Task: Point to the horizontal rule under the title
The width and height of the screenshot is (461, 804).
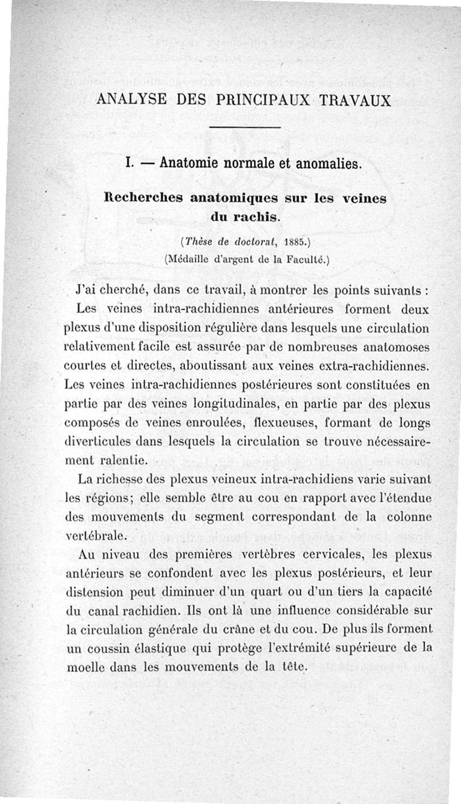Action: point(244,127)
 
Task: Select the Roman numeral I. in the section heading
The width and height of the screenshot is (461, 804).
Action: point(130,164)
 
